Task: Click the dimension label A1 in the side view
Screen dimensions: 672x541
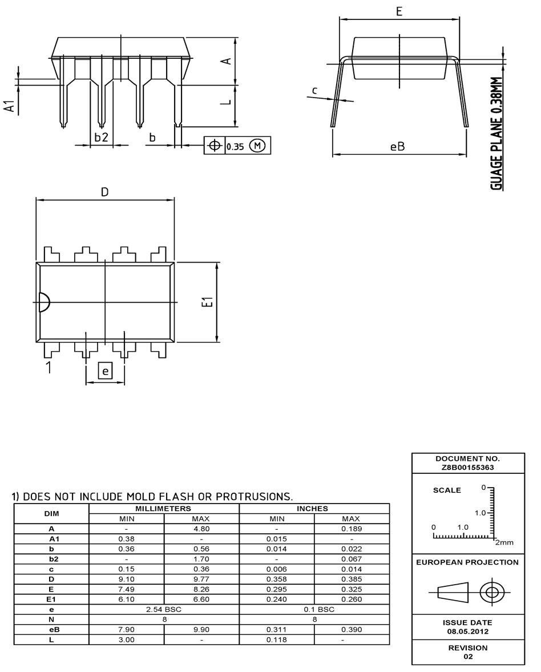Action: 10,107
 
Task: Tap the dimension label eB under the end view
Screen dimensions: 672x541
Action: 397,146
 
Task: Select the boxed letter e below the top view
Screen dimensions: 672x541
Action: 105,371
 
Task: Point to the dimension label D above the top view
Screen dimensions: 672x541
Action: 104,192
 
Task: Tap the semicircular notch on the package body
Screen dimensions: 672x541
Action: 44,302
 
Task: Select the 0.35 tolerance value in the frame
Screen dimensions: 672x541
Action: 235,146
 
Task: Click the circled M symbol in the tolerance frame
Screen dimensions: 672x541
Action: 257,146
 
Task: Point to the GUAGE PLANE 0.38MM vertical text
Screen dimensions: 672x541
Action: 498,134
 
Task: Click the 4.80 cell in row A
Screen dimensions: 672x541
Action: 201,529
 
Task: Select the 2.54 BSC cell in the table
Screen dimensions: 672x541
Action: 164,609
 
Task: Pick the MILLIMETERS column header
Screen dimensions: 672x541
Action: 164,508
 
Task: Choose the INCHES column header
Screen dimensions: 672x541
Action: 313,508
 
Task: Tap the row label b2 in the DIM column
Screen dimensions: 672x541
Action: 51,559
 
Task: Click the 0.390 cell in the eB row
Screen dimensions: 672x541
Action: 350,629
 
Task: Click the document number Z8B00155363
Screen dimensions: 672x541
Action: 467,467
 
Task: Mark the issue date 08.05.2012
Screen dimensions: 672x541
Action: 467,631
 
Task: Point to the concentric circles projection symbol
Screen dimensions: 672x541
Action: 490,592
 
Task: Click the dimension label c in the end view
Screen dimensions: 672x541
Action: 314,90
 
